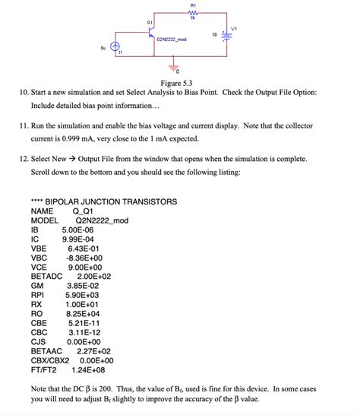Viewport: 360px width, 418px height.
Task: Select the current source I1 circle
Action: coord(115,46)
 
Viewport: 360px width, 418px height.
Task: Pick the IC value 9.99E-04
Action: coord(77,238)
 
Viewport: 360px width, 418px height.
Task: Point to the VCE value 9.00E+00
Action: coord(84,267)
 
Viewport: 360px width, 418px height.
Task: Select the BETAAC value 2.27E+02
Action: coord(94,351)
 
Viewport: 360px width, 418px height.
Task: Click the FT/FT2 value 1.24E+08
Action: coord(88,370)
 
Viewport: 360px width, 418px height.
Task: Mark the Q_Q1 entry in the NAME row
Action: coord(87,211)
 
